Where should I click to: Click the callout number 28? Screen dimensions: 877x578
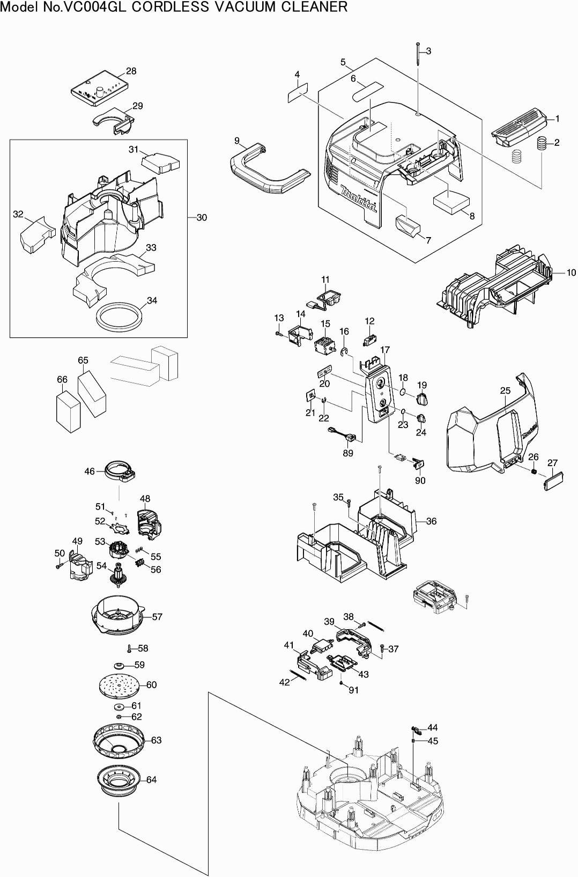131,71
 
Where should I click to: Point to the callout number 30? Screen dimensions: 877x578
202,217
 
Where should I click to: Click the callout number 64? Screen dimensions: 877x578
152,779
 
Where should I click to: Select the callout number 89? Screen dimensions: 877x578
348,453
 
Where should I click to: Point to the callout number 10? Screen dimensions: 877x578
571,272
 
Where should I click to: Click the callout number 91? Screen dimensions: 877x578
353,690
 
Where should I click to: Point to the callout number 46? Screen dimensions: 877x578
90,471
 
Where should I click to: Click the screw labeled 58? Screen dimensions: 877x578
130,648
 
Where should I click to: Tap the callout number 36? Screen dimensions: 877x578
431,521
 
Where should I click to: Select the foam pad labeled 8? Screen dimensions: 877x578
450,203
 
